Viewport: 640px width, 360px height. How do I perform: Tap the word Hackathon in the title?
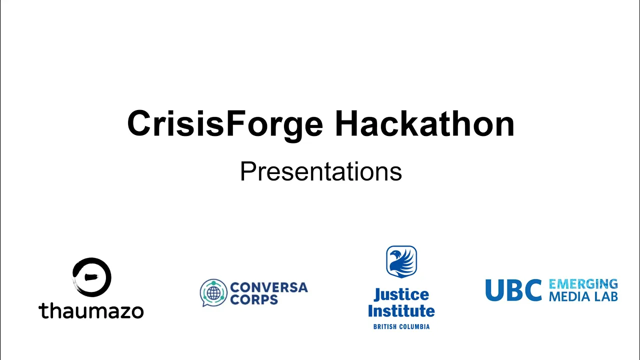click(x=424, y=123)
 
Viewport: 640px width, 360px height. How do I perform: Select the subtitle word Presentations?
click(x=321, y=171)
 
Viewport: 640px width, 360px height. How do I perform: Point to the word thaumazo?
click(x=91, y=311)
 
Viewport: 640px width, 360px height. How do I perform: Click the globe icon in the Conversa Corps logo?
click(x=213, y=293)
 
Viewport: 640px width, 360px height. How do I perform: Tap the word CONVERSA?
click(x=269, y=287)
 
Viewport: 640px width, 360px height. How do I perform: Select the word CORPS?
click(x=253, y=299)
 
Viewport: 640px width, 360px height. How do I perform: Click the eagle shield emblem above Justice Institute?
click(x=401, y=261)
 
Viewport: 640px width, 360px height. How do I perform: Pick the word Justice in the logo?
click(x=401, y=295)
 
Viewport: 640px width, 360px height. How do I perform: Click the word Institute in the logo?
click(x=401, y=311)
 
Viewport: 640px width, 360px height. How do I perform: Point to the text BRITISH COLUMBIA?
click(x=401, y=326)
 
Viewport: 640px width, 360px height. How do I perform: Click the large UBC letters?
click(x=513, y=290)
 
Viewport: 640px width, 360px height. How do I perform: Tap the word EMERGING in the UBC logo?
click(x=583, y=284)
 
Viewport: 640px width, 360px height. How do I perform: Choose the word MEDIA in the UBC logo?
click(x=568, y=296)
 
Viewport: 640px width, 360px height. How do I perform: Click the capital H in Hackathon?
click(x=347, y=123)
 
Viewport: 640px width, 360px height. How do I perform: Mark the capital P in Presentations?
click(x=249, y=171)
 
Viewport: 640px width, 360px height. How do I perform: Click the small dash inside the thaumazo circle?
click(x=91, y=277)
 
